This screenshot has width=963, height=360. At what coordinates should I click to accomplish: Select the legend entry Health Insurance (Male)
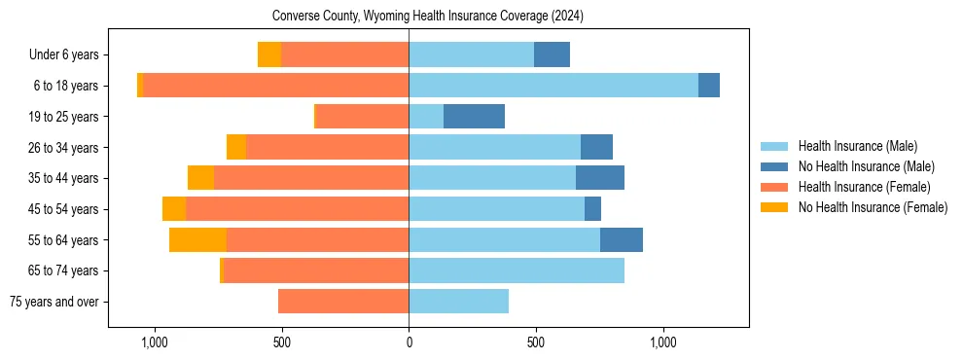pos(857,146)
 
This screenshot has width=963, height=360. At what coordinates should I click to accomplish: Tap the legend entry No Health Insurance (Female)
pos(872,207)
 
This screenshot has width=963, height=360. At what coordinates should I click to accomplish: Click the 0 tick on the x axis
pos(409,342)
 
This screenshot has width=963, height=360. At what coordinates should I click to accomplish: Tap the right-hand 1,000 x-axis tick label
pos(662,342)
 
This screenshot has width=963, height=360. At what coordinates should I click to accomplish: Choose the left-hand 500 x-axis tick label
pos(281,342)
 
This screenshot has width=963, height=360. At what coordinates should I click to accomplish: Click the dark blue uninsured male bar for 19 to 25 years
pos(474,117)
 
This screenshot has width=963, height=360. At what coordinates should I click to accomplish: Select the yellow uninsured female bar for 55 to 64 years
pos(197,240)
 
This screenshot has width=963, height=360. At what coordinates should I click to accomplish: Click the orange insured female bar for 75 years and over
pos(343,302)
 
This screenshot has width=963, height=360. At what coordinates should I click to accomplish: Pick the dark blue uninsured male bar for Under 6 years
pos(552,55)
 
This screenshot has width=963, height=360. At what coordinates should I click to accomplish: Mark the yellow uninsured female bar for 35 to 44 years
pos(200,178)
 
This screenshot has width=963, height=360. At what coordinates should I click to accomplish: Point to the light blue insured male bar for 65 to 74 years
pos(517,270)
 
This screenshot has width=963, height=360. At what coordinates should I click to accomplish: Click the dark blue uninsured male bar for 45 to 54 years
pos(592,209)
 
